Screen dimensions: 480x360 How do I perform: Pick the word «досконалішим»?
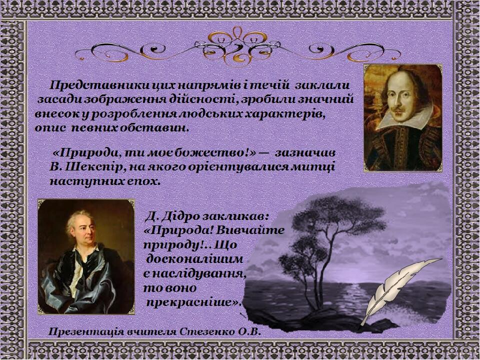click(194, 259)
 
